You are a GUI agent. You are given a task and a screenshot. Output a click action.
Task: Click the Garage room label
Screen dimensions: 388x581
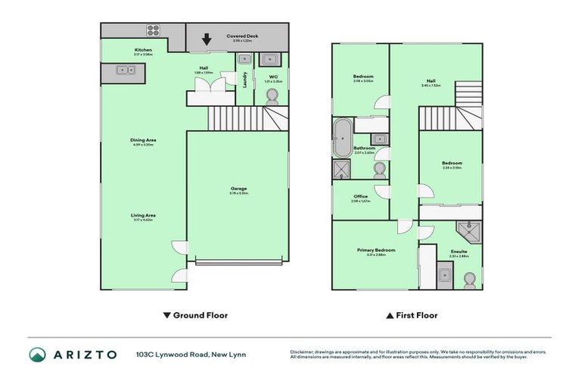239,189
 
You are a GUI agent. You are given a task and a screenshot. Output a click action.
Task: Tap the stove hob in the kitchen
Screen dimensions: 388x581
153,31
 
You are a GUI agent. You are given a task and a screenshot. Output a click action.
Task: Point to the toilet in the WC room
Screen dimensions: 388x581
272,95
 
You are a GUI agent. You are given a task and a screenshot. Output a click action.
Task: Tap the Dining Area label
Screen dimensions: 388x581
143,140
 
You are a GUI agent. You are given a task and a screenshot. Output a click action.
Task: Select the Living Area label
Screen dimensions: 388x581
143,216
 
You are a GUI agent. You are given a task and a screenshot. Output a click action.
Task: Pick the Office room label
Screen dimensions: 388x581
360,197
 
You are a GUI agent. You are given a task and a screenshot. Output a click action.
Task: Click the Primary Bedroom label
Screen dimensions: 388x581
376,250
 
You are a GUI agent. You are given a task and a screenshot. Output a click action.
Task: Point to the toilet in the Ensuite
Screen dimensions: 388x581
469,280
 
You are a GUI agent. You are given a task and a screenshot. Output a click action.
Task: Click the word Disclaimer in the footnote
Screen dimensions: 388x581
303,352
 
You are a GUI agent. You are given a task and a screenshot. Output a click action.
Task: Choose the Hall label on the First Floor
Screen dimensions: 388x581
431,81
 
